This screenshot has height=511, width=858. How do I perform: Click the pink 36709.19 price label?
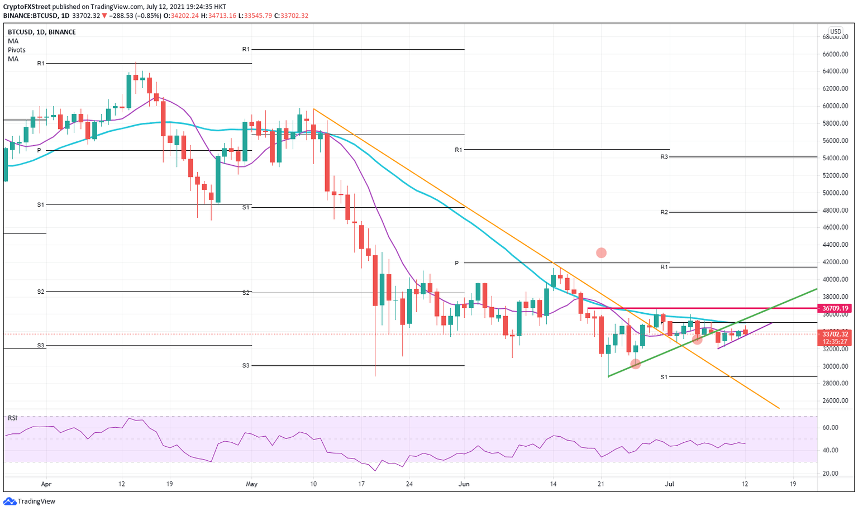(835, 308)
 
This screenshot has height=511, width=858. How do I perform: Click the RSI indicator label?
(12, 418)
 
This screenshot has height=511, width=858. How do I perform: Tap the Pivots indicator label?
(17, 50)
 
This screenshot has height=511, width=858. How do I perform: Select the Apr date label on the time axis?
(46, 484)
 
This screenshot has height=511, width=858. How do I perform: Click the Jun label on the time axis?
(464, 484)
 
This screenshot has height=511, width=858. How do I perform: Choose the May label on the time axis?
(252, 484)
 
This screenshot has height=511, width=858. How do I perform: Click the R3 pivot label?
(664, 157)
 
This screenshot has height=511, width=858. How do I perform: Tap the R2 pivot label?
(664, 212)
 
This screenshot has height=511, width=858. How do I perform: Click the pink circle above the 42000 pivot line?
(601, 253)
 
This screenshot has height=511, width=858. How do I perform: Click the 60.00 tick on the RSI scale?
(831, 428)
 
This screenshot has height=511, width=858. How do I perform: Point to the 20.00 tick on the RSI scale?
(831, 474)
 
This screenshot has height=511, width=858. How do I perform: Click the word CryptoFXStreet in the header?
(27, 7)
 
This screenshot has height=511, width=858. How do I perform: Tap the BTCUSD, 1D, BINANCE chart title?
(42, 32)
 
